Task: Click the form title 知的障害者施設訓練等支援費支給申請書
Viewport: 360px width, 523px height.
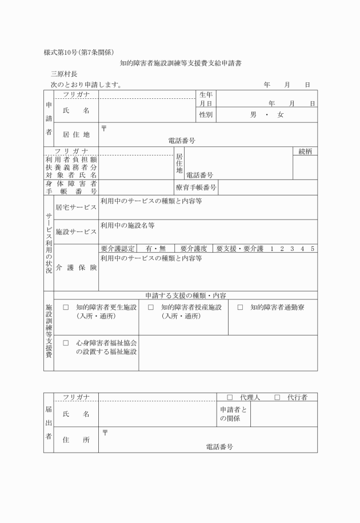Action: (x=181, y=63)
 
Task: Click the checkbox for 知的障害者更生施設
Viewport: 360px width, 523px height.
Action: (x=66, y=308)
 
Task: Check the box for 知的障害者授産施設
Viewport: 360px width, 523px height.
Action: (x=151, y=308)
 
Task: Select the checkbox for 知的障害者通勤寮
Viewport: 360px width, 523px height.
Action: (x=240, y=308)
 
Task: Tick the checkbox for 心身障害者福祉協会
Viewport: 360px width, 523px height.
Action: (x=66, y=343)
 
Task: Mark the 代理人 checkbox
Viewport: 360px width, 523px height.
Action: (x=230, y=397)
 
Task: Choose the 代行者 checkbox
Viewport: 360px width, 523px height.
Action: (x=277, y=397)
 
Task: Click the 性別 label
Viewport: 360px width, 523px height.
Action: (x=206, y=115)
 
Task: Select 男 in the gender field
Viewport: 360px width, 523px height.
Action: (x=253, y=115)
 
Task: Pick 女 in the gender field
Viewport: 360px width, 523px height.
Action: (x=281, y=115)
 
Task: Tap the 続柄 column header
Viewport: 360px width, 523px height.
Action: (x=305, y=151)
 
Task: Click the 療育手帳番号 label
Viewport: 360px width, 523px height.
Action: (x=196, y=187)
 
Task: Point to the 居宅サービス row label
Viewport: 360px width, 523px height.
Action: (x=76, y=207)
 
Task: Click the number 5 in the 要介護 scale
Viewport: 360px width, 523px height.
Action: (x=312, y=249)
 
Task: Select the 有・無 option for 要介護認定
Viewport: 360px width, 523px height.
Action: (x=155, y=249)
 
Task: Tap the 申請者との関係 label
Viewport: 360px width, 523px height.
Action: (x=233, y=414)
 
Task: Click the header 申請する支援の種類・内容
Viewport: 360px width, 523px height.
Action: (x=186, y=296)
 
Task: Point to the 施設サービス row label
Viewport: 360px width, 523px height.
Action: (x=76, y=232)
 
